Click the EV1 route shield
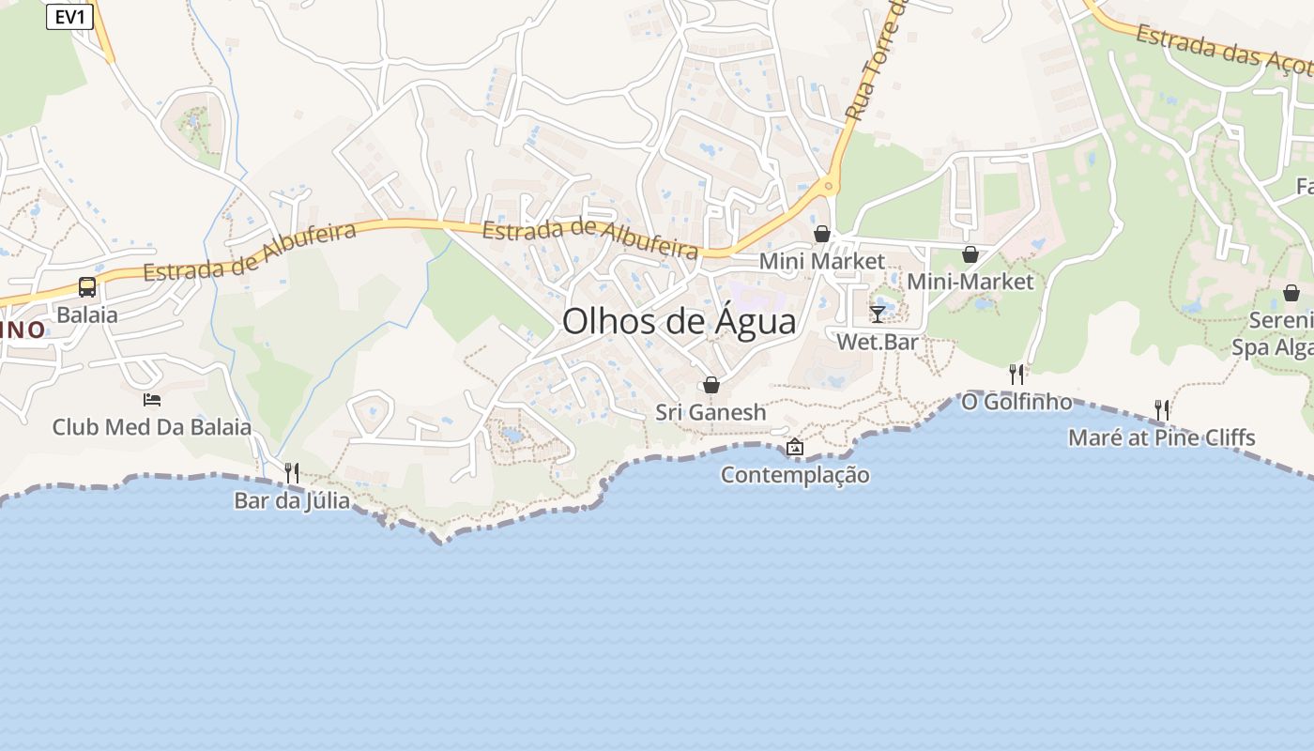click(x=69, y=16)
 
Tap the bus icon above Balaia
click(x=87, y=287)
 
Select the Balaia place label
click(x=87, y=314)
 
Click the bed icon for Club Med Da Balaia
click(x=152, y=400)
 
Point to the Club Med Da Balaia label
click(x=152, y=427)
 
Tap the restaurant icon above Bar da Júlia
click(x=292, y=472)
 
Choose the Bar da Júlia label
click(x=292, y=500)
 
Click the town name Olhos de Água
click(x=679, y=322)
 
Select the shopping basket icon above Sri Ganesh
click(x=711, y=385)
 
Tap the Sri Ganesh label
click(x=710, y=412)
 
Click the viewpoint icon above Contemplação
click(x=795, y=447)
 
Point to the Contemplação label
click(x=795, y=475)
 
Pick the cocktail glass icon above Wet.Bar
click(x=878, y=314)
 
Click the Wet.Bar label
click(x=878, y=342)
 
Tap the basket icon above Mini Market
click(x=822, y=234)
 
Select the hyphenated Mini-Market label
click(x=970, y=282)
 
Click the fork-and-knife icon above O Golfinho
click(x=1016, y=375)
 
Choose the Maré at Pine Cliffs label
click(x=1162, y=437)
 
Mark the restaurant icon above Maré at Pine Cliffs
click(x=1162, y=409)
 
